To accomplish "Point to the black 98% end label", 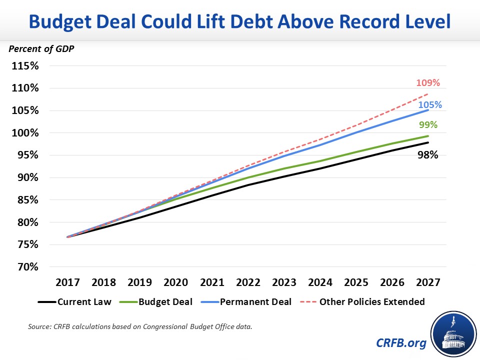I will tap(428, 155).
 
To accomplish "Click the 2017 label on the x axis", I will tap(67, 282).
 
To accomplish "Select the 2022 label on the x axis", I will tap(247, 282).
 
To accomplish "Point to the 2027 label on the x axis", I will tap(428, 282).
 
